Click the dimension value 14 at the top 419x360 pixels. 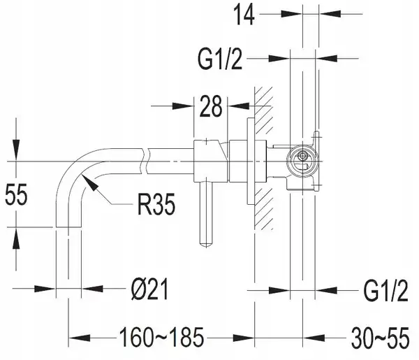coord(244,15)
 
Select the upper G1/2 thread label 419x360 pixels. coord(220,59)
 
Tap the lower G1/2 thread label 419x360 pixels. coord(385,291)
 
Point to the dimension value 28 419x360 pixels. coord(211,106)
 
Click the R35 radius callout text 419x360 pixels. coord(156,204)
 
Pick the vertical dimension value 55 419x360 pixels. coord(16,195)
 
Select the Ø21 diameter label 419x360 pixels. coord(150,289)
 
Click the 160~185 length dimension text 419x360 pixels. coord(161,338)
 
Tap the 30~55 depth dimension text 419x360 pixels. coord(380,338)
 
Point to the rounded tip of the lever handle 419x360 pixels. coord(206,245)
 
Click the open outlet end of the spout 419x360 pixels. coord(68,227)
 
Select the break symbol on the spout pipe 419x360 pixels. coord(145,161)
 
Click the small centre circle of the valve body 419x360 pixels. coord(302,156)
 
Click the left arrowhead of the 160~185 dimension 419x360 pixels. coord(80,338)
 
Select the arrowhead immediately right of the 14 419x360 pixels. coord(291,14)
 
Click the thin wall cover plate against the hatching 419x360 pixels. coord(251,161)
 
